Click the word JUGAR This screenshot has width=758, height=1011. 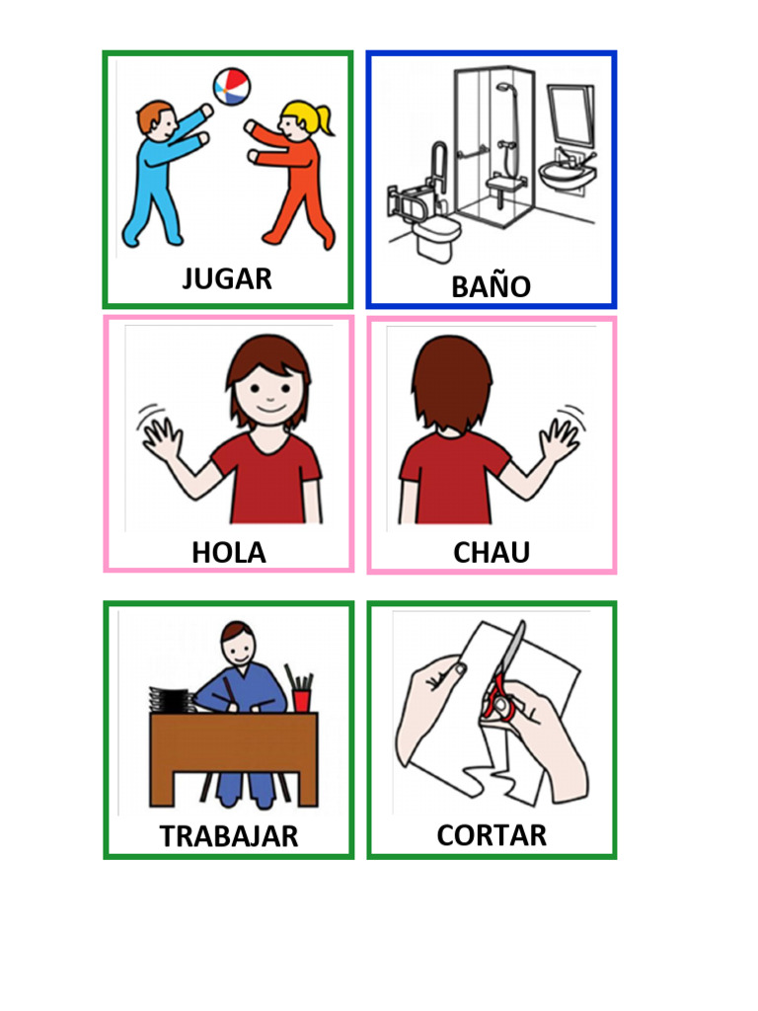tap(227, 279)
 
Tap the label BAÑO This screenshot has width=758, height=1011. tap(491, 286)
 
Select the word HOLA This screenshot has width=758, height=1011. tap(228, 552)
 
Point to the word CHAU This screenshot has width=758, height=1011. tap(492, 553)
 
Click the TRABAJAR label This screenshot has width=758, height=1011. tap(228, 836)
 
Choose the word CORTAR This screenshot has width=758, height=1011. tap(492, 835)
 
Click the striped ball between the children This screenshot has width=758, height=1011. tap(231, 87)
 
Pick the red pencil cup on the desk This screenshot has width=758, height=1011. tap(301, 699)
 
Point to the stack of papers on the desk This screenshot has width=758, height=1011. tap(170, 699)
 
